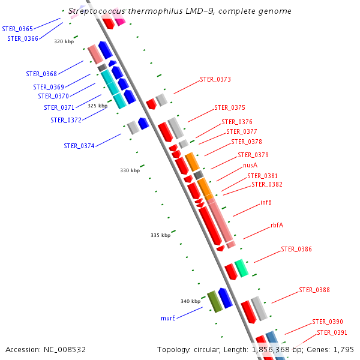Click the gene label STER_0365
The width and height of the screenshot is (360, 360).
[17, 28]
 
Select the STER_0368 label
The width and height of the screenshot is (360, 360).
[41, 74]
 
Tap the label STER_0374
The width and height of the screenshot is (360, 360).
[79, 146]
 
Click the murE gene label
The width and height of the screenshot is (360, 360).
[168, 318]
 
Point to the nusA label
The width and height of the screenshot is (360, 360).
[250, 165]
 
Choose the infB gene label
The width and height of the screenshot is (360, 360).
[266, 202]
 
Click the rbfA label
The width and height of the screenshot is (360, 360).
[277, 225]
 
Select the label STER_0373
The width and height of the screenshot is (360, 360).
[215, 79]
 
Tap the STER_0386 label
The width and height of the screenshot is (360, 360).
[296, 249]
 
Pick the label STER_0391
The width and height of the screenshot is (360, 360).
[332, 332]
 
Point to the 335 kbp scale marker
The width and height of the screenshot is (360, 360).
[160, 235]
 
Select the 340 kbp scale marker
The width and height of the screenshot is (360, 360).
[190, 301]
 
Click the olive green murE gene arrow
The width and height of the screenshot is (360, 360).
[214, 301]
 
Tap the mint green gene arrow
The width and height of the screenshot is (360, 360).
[241, 268]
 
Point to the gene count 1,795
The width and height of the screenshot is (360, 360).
[343, 349]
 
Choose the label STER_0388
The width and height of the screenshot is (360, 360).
[314, 290]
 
